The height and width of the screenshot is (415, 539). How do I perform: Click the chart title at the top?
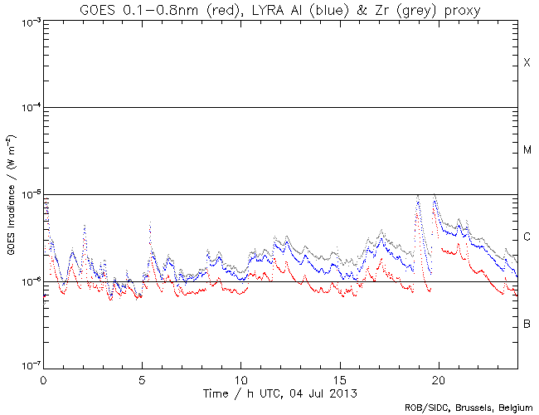(280, 9)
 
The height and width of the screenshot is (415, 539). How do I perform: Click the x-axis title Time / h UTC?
(280, 393)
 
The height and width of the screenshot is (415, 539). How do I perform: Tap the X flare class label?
(527, 63)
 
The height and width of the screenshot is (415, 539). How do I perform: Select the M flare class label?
(527, 150)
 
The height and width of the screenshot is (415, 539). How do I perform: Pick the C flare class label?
(527, 237)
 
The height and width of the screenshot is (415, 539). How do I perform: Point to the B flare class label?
(527, 324)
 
